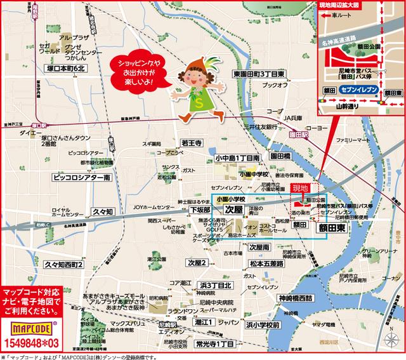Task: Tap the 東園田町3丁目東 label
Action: [259, 73]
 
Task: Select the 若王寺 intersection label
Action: [191, 143]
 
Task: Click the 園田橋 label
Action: [279, 156]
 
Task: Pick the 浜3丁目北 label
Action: [215, 285]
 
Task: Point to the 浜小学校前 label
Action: [261, 324]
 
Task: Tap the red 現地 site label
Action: [299, 188]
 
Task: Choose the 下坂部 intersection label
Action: [200, 209]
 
